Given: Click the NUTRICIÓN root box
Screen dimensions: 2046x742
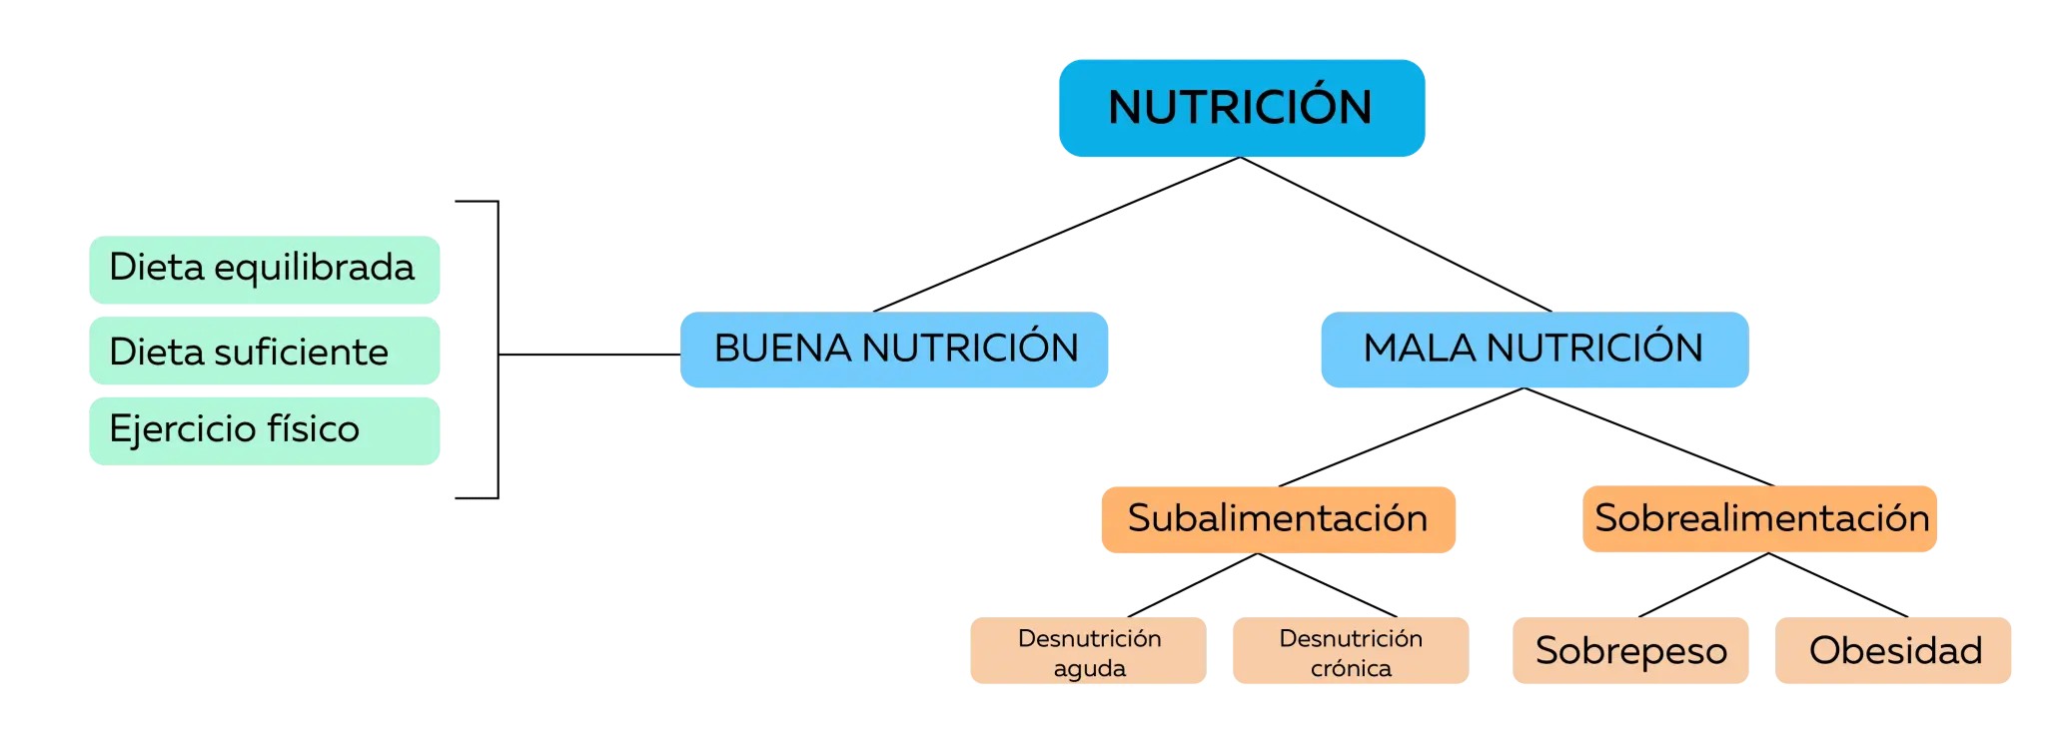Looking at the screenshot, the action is (1242, 108).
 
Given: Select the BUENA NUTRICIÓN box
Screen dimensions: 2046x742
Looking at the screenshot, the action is (894, 350).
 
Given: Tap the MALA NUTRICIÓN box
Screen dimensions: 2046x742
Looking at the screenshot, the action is (1534, 350).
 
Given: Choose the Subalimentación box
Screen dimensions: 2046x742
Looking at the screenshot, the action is (1279, 519).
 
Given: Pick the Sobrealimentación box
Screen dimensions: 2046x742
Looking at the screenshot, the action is (1760, 518).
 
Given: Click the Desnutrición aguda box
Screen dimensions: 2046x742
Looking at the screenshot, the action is (1088, 650).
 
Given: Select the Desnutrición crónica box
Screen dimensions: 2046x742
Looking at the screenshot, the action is (1351, 650).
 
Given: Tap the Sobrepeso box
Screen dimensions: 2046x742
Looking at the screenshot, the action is (1630, 650).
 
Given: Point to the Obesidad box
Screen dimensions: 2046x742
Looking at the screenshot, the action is (1893, 650).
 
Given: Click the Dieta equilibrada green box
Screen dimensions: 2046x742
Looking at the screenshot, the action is (265, 270).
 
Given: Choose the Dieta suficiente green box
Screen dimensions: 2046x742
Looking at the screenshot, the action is (265, 351).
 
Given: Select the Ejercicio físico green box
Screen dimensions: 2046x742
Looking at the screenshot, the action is (265, 431).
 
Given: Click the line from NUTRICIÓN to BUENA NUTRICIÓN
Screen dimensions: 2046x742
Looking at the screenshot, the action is (1056, 235).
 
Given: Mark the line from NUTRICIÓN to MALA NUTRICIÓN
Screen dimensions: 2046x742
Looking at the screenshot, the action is (1396, 235).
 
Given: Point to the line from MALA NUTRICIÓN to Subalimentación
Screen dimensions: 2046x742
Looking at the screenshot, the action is (1402, 437).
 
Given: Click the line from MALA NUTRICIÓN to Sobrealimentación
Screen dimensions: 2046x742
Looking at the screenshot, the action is (1649, 436).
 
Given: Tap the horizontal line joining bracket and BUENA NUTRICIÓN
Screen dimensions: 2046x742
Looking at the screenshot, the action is (589, 355).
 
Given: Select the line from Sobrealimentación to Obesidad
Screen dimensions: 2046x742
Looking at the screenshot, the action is (1838, 585).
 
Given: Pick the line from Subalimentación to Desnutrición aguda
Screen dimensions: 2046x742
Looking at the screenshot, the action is (1193, 585).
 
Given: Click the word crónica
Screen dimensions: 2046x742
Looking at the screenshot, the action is (1351, 668).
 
